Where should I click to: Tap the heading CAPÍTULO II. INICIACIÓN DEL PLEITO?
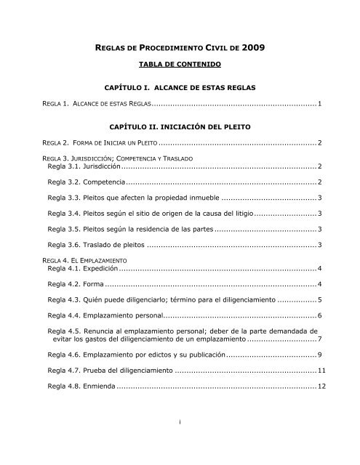click(x=180, y=126)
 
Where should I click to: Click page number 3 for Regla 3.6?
click(x=320, y=243)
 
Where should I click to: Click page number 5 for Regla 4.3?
click(x=320, y=299)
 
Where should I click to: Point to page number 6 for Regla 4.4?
click(x=320, y=315)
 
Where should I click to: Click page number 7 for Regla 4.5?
click(x=320, y=339)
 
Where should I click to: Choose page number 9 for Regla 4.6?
click(x=320, y=355)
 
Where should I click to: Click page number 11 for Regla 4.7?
click(x=318, y=371)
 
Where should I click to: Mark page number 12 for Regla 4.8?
click(x=318, y=386)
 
